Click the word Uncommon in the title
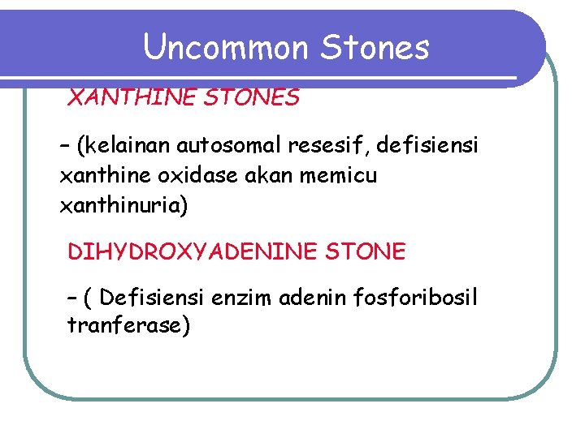[x=227, y=48]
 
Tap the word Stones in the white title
[x=375, y=48]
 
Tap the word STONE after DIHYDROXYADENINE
[x=365, y=252]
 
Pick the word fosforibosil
[x=416, y=298]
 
